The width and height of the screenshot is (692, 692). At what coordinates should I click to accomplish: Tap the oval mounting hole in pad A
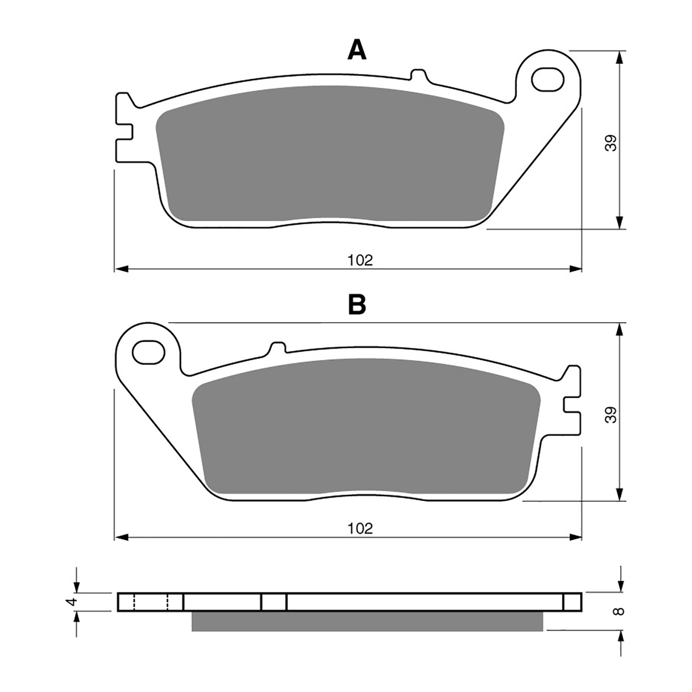[x=548, y=79]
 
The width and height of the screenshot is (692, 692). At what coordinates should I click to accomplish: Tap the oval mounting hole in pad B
[x=149, y=352]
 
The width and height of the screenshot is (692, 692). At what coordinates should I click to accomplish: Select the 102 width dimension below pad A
[x=360, y=260]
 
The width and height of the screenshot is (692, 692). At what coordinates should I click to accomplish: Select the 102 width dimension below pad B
[x=360, y=529]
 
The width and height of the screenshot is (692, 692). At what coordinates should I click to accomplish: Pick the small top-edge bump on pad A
[x=418, y=75]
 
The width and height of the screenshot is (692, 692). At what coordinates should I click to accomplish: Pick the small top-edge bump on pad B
[x=278, y=347]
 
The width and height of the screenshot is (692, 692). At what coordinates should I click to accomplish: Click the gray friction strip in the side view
[x=367, y=621]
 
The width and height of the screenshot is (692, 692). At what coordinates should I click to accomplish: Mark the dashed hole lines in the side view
[x=151, y=602]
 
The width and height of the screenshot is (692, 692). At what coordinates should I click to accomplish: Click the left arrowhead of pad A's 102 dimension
[x=121, y=269]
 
